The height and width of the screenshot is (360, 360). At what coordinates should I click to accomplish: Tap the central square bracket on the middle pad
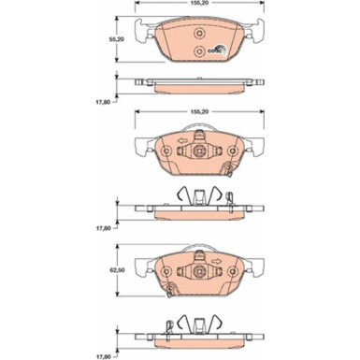click(197, 153)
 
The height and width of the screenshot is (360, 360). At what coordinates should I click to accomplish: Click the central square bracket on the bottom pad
click(197, 273)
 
